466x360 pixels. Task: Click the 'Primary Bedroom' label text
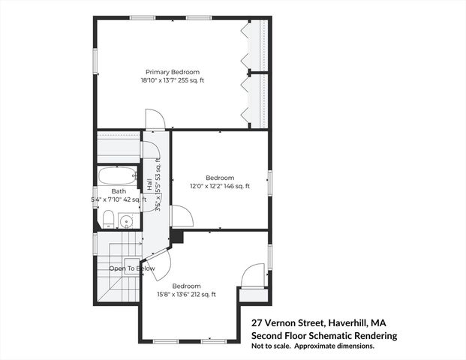click(172, 72)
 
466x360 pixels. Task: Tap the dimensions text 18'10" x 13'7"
click(172, 81)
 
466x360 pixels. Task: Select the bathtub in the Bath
click(116, 177)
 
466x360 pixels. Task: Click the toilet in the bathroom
click(108, 219)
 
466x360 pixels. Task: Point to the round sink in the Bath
click(126, 221)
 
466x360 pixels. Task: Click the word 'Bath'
click(119, 191)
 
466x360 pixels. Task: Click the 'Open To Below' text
click(132, 268)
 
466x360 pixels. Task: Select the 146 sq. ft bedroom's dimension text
click(219, 186)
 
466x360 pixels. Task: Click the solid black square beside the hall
click(177, 236)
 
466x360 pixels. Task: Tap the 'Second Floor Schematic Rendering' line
click(323, 335)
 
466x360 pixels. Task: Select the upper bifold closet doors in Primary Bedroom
click(246, 44)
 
